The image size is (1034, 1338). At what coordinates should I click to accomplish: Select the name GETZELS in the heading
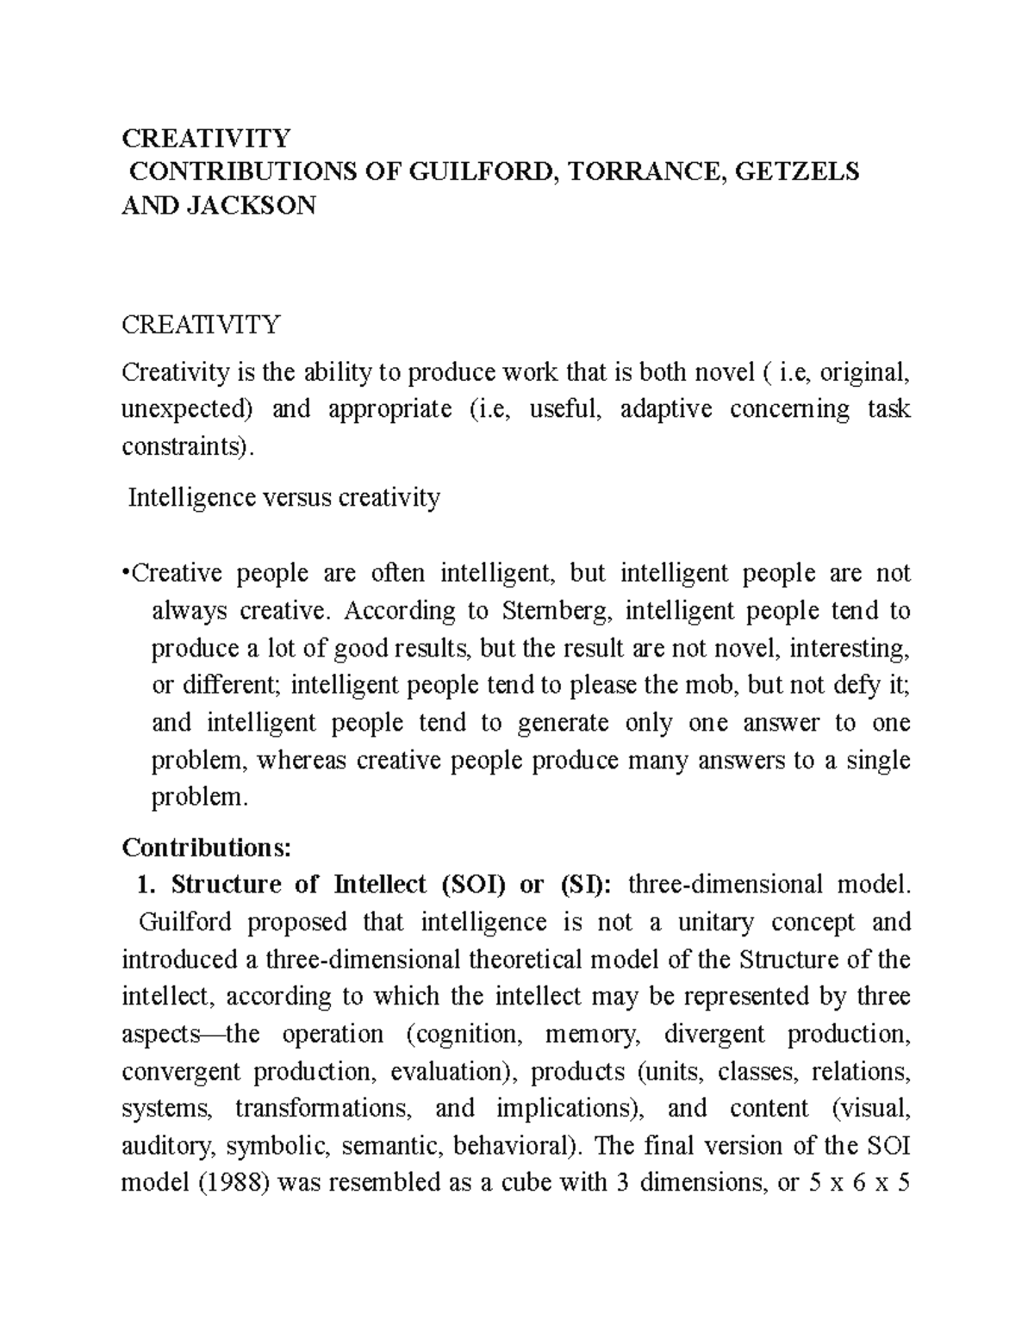click(797, 172)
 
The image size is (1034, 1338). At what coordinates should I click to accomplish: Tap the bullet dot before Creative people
click(126, 573)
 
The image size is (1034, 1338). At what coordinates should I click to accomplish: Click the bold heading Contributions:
click(207, 848)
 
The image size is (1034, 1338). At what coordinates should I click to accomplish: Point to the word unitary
click(715, 922)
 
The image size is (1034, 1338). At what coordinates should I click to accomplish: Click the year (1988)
click(228, 1183)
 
